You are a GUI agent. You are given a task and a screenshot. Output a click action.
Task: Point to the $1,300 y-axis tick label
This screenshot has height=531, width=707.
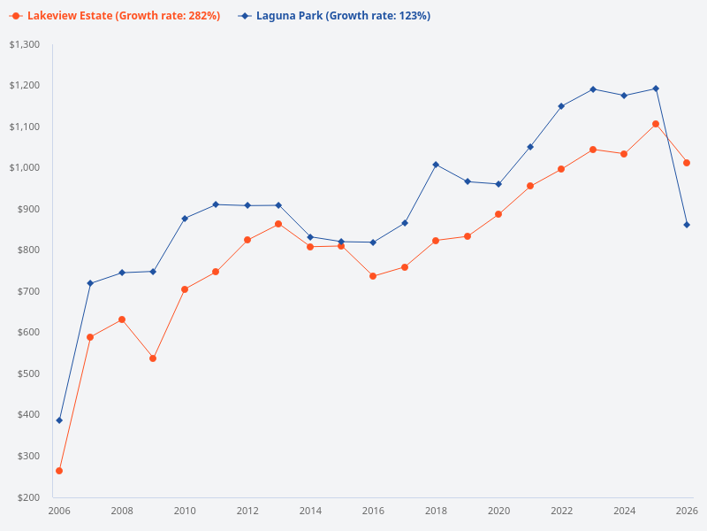click(25, 44)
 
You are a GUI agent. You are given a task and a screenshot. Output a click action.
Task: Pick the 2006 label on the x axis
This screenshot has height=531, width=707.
click(59, 511)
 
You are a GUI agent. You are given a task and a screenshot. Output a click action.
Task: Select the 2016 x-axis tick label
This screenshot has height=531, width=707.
click(373, 511)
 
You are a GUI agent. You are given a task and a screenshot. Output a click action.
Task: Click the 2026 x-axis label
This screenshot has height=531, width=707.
click(687, 511)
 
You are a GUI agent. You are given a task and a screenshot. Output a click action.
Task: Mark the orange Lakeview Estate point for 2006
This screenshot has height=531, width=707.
click(59, 471)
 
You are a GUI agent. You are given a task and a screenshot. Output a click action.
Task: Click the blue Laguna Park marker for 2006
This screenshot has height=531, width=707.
click(59, 420)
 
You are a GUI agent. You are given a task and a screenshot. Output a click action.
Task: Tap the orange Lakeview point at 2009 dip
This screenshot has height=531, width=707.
click(153, 358)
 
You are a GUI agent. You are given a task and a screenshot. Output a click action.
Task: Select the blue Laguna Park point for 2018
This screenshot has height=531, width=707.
click(436, 165)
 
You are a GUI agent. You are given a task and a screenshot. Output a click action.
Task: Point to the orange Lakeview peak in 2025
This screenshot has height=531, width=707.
click(656, 124)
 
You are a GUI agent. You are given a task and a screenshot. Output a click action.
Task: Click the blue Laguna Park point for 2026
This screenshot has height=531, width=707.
click(687, 225)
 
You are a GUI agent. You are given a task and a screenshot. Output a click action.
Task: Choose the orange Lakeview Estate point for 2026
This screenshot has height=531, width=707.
click(687, 163)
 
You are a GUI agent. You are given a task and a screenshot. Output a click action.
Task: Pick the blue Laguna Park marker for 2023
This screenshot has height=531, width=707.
click(593, 89)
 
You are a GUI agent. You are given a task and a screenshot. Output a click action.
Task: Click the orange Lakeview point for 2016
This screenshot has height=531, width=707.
click(373, 276)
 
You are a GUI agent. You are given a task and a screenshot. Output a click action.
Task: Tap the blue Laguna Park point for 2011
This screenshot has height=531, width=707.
click(216, 204)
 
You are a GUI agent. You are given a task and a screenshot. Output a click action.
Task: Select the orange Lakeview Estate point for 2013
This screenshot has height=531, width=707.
click(278, 224)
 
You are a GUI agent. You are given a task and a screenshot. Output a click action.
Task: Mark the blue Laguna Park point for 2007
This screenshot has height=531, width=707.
click(90, 283)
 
